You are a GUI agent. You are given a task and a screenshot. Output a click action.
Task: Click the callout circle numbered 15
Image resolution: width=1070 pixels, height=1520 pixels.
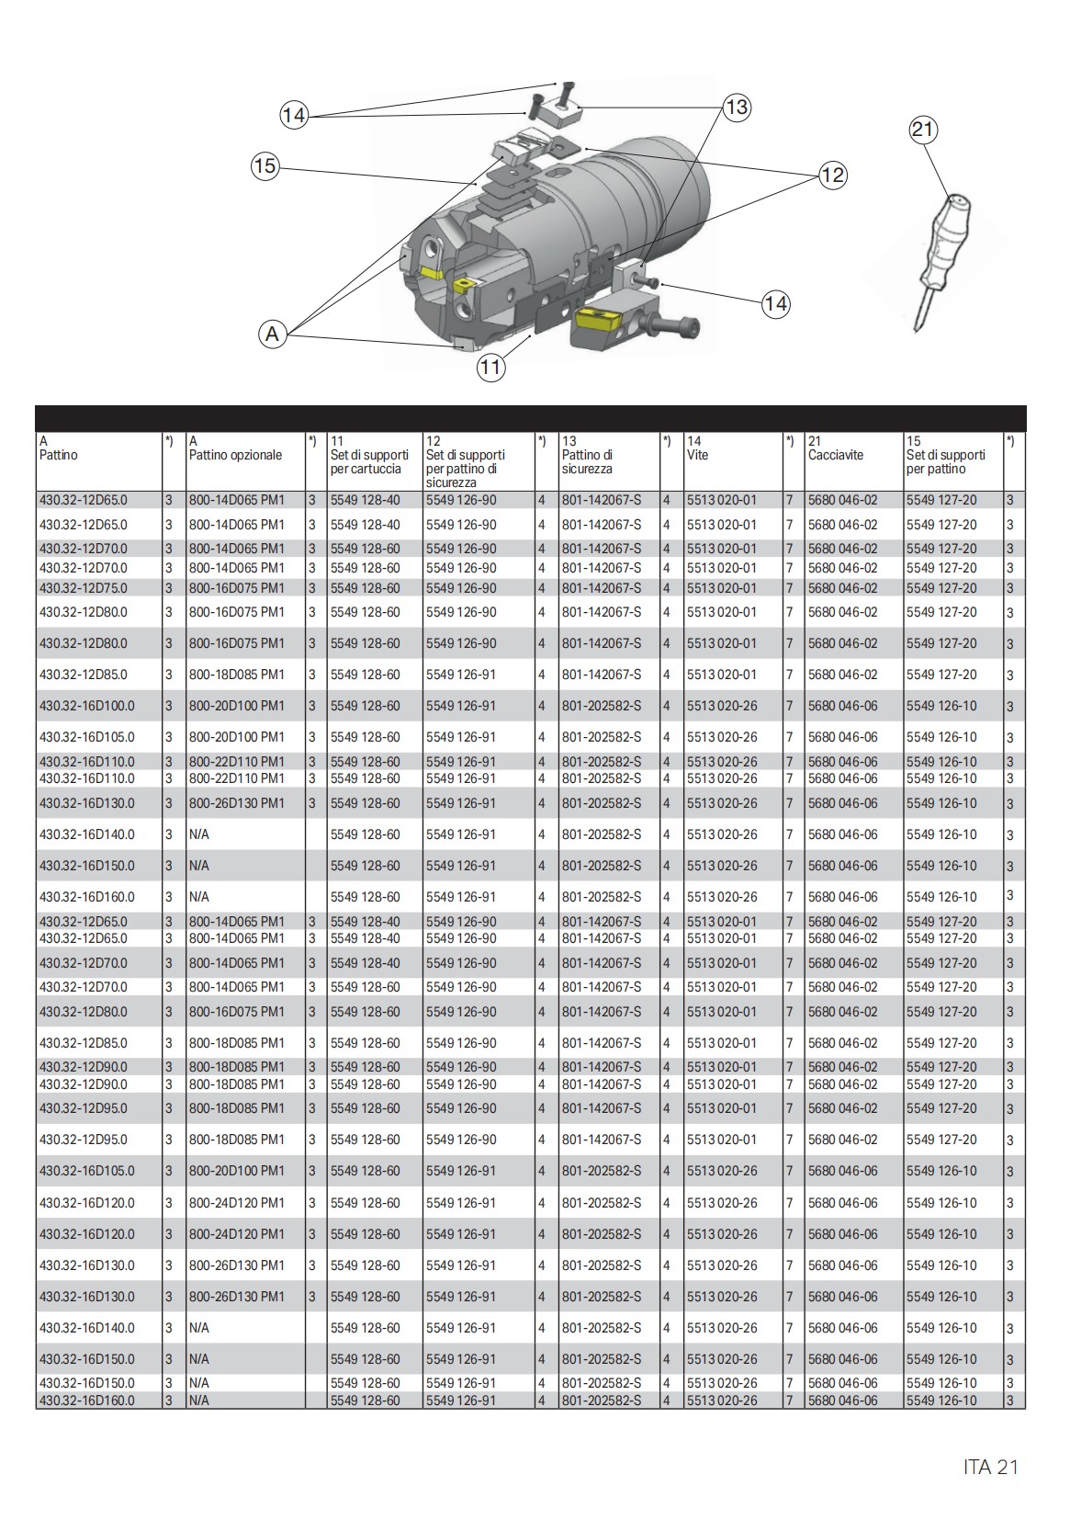coord(265,166)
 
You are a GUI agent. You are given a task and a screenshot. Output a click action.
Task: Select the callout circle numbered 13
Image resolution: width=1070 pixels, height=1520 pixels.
coord(737,108)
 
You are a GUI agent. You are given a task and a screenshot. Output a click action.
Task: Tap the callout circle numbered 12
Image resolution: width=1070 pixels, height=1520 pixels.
coord(832,175)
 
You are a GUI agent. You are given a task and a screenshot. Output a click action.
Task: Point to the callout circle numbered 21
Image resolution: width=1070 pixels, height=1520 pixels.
coord(922,130)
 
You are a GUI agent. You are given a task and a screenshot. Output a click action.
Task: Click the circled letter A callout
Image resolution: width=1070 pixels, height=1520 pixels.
coord(272,335)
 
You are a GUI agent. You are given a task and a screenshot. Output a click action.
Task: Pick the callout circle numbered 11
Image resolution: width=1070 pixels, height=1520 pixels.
coord(490,368)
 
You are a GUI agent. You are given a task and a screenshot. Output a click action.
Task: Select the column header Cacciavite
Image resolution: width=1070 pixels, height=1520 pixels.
coord(836,455)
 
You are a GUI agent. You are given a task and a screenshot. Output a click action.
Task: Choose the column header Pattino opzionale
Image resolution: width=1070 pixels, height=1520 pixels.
coord(235,455)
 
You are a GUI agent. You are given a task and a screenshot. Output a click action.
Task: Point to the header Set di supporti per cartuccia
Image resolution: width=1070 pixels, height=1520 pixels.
coord(369,461)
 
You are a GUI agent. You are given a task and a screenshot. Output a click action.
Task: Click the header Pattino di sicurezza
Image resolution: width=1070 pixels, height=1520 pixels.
coord(587,461)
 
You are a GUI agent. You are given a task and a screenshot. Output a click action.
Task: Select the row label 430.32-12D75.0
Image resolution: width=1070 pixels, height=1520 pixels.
coord(84,588)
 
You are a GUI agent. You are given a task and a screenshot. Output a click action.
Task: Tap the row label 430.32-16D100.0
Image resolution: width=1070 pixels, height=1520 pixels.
coord(86,707)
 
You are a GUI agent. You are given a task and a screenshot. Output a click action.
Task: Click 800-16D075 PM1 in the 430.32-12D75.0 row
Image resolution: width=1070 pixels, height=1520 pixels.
coord(237,588)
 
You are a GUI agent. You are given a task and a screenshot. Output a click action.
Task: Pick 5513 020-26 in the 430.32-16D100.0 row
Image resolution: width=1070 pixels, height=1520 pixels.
coord(722,707)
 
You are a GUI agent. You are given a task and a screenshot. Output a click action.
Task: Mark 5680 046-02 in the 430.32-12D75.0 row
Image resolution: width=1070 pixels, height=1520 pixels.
coord(842,588)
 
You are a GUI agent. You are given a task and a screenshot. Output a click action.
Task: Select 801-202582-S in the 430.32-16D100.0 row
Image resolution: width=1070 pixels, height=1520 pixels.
coord(602,707)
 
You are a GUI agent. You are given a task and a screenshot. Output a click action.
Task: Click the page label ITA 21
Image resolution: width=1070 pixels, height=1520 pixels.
coord(990,1467)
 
